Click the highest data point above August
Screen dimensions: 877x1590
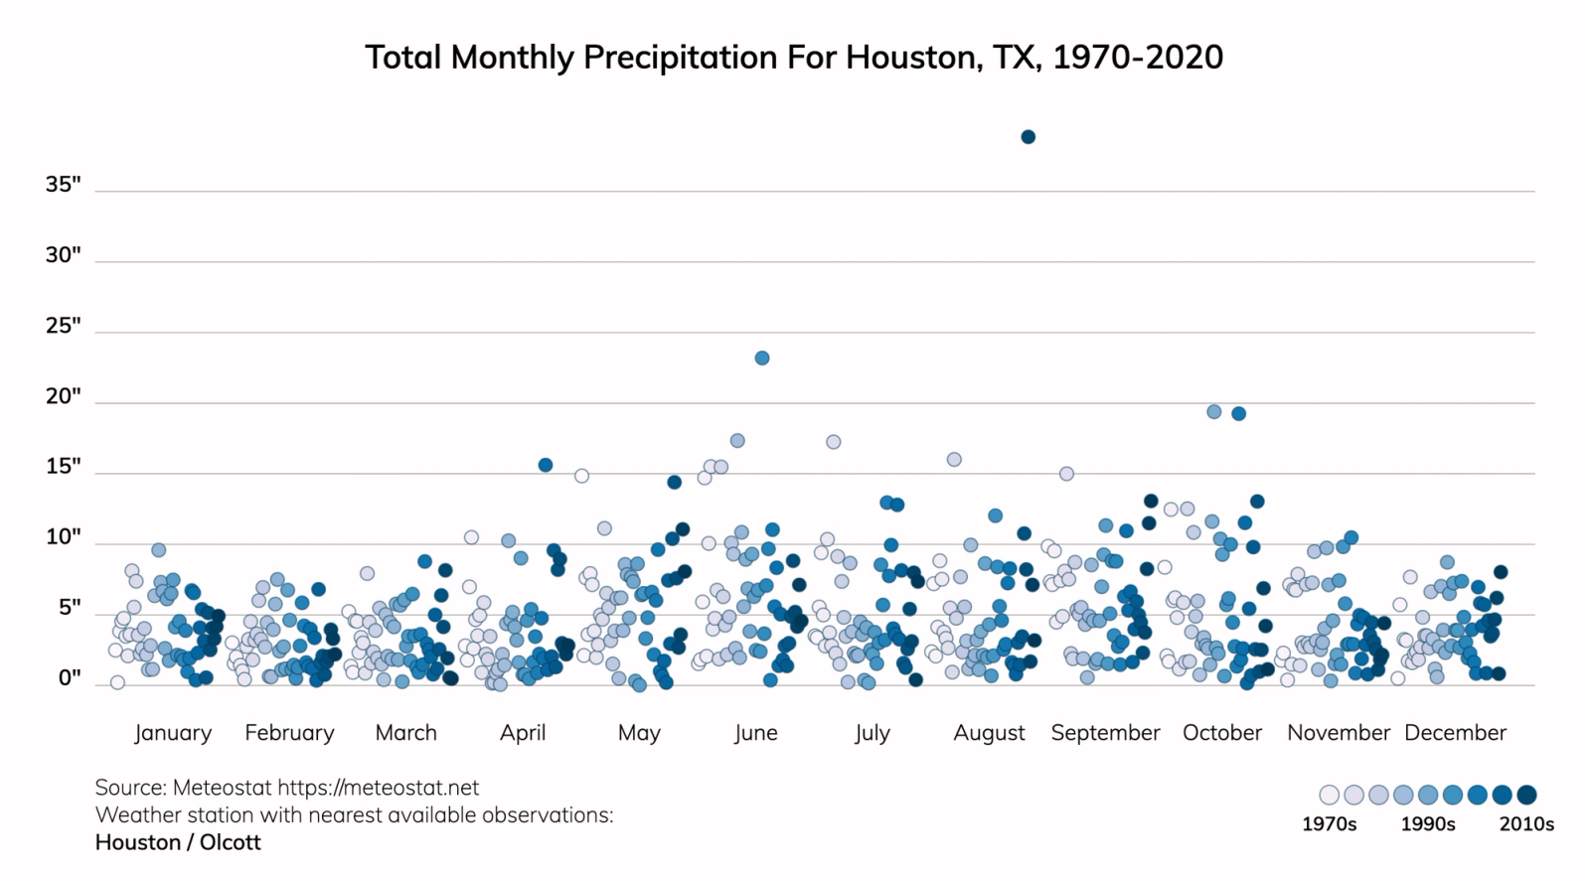[1029, 137]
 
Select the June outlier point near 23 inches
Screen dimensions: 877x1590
[762, 359]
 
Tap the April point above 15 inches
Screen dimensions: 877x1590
[546, 465]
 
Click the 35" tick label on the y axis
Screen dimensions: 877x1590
[63, 185]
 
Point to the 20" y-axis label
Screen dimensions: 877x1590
[63, 396]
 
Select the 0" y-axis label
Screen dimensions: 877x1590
[69, 678]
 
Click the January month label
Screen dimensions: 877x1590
[173, 733]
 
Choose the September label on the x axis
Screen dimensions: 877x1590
[1105, 733]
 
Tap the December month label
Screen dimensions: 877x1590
[1455, 733]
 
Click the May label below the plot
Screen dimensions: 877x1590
[639, 733]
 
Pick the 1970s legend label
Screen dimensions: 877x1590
[1329, 824]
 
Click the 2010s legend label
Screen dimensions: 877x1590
[1526, 824]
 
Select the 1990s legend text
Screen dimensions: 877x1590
[1428, 824]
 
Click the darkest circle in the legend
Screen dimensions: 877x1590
[1527, 795]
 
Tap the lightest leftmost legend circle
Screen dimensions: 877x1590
[1329, 795]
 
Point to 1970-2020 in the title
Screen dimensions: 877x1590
[1138, 58]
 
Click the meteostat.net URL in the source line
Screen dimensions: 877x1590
[378, 788]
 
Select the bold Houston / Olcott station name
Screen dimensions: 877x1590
[178, 842]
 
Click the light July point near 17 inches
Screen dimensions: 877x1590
[834, 442]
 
